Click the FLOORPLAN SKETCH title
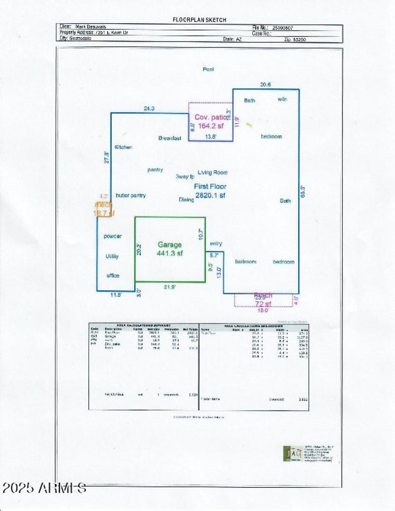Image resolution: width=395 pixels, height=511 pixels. [x=199, y=20]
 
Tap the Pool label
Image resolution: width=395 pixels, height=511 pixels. [x=208, y=69]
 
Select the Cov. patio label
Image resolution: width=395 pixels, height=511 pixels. [x=211, y=118]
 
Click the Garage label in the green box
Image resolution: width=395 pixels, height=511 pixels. [x=169, y=244]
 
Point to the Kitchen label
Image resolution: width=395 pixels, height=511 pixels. [x=123, y=147]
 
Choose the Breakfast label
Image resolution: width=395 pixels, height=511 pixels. [x=170, y=138]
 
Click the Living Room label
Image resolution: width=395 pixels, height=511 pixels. [x=212, y=172]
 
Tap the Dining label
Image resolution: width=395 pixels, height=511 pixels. [x=186, y=199]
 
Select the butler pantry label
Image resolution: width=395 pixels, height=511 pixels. [x=131, y=196]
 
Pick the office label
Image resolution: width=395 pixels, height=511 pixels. [x=113, y=275]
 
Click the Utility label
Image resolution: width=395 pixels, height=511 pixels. [x=112, y=256]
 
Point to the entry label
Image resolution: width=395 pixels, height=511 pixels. [x=216, y=243]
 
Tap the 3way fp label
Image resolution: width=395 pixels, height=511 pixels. [x=185, y=177]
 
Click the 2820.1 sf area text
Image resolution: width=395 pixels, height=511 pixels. [x=210, y=196]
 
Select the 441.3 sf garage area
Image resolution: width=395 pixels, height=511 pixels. [x=169, y=253]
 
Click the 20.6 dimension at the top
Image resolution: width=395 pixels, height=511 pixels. [x=266, y=84]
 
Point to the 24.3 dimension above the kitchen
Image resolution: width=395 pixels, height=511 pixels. [x=149, y=108]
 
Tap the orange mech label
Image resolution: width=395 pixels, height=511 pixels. [x=104, y=204]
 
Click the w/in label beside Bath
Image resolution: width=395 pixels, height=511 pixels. [x=282, y=99]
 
